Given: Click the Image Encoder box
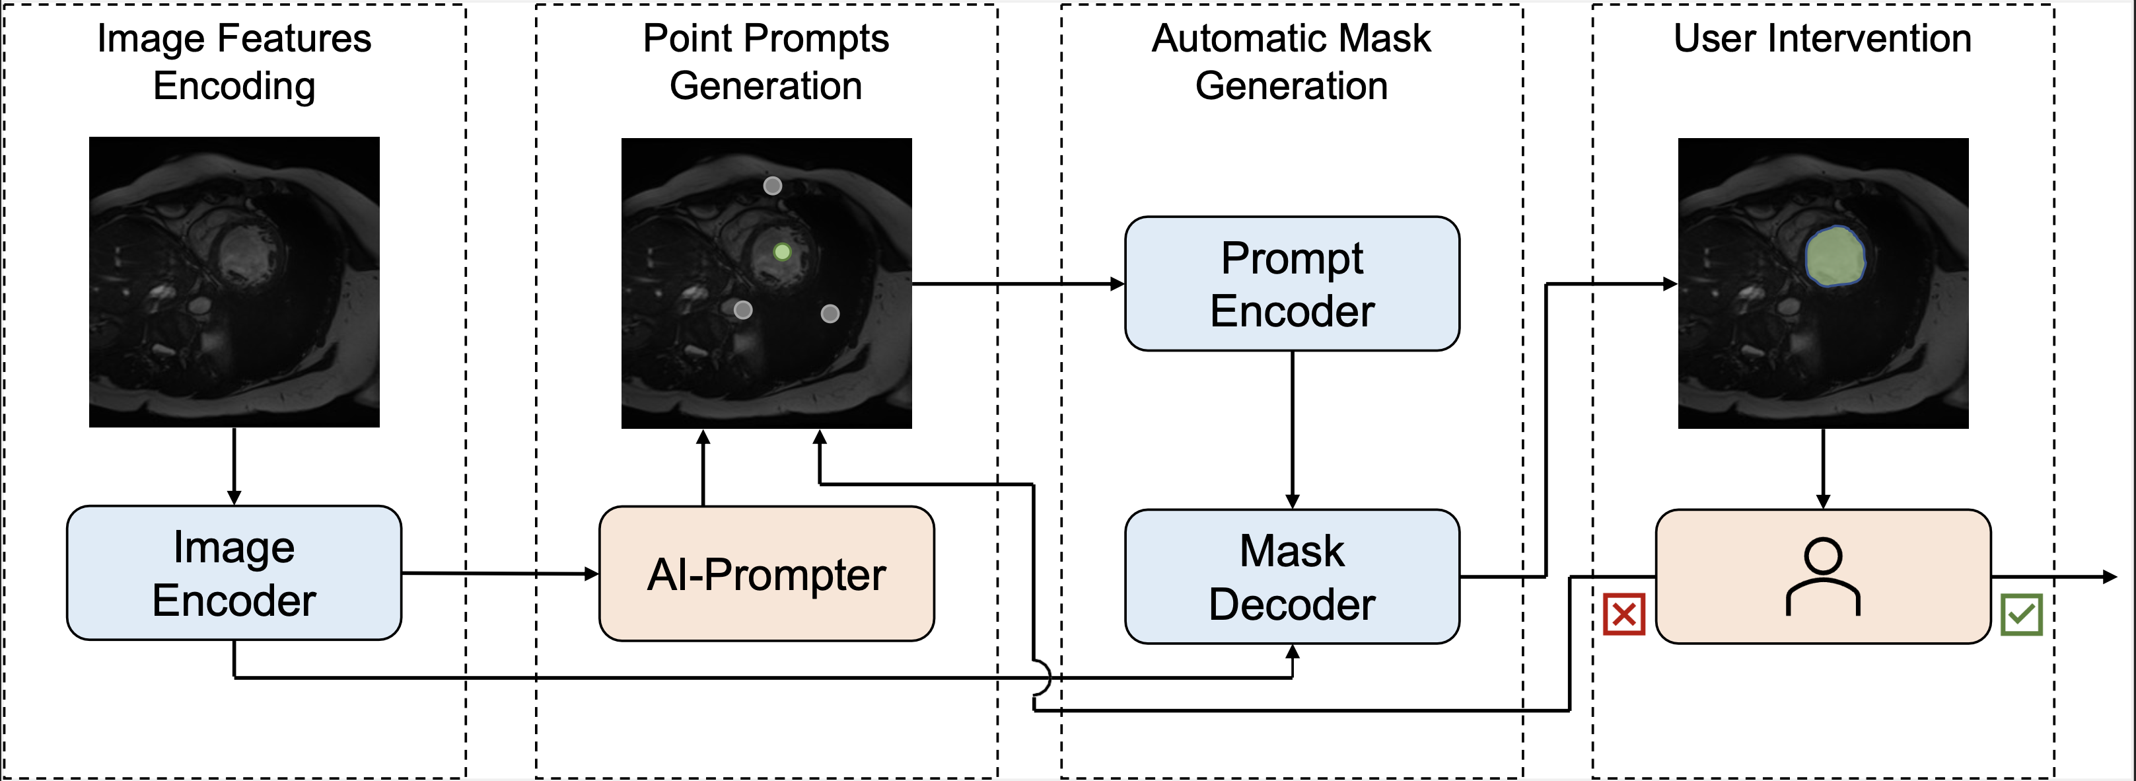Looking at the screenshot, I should click(234, 573).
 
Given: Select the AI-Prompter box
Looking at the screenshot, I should click(766, 574).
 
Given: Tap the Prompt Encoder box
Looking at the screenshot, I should click(1291, 283).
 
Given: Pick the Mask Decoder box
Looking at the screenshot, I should click(1291, 576).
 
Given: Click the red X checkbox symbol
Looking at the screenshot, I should click(1623, 614).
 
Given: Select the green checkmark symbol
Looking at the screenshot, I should click(2020, 614).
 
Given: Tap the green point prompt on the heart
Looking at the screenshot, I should click(781, 251).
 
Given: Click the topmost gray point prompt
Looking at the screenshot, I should click(772, 186).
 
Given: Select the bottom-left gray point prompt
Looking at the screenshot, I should click(743, 310).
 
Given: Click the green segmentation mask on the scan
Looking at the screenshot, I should click(1835, 257).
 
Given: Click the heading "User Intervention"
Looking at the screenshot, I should click(1822, 38).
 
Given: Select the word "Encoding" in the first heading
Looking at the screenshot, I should click(234, 86).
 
